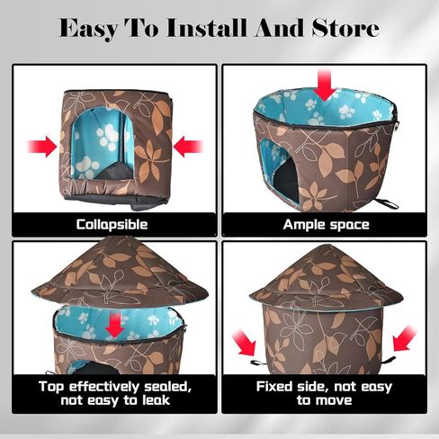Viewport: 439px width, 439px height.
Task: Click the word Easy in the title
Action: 88,29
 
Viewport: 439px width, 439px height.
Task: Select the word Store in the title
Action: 345,28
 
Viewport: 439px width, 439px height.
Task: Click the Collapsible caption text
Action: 112,225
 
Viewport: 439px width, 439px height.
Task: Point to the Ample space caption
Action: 326,225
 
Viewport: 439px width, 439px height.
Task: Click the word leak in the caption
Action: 156,400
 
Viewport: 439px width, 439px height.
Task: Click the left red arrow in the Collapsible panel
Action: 42,147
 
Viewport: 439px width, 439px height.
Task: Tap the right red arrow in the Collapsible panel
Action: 188,147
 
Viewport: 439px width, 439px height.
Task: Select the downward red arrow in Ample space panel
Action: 324,85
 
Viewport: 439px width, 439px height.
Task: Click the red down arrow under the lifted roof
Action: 114,325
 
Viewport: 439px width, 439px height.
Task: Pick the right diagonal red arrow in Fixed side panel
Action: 404,338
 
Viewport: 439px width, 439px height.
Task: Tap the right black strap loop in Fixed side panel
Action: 389,359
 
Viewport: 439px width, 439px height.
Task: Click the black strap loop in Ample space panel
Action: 387,203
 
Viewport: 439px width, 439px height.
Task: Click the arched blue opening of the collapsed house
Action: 102,143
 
